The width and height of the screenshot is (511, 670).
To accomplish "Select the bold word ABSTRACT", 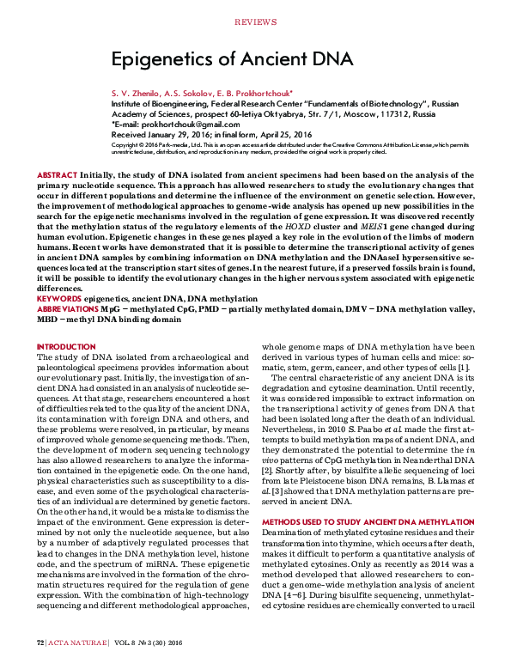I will point(57,174).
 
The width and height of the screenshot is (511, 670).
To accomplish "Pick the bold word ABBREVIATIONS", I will point(67,307).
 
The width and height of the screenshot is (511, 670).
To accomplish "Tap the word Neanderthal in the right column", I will point(424,461).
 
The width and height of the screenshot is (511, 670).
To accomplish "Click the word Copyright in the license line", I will point(127,144).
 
